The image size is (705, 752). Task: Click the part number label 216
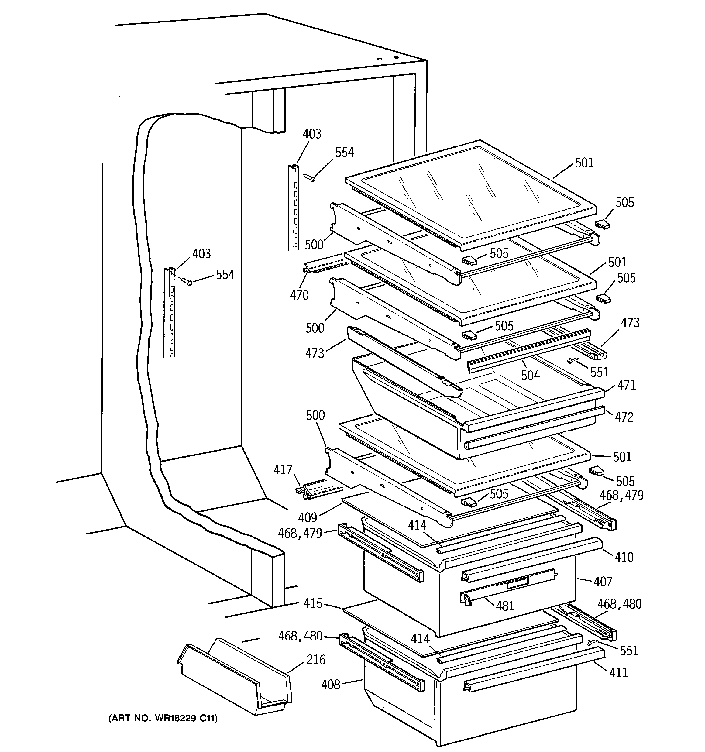point(316,660)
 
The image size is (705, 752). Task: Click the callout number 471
point(627,385)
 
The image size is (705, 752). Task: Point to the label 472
point(624,417)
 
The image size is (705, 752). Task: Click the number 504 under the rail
point(530,375)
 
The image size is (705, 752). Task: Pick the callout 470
point(299,295)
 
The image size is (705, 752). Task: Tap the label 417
point(283,469)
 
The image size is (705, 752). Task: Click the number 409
point(307,517)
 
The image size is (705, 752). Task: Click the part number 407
point(603,582)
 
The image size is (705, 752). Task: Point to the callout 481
point(505,606)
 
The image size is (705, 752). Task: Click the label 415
point(313,603)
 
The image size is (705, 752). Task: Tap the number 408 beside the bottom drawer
point(330,684)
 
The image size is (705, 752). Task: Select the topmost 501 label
point(584,163)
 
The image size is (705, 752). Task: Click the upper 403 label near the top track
point(312,134)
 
